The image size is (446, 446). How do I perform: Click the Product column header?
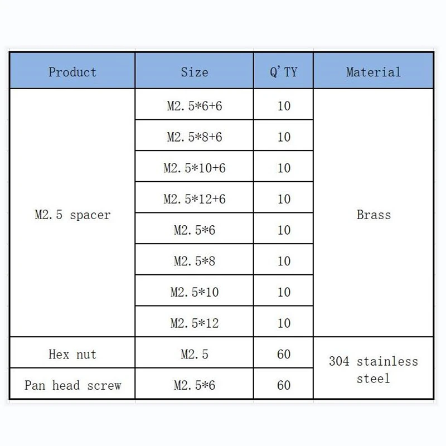(x=72, y=72)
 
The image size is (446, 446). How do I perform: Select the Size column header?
(x=194, y=72)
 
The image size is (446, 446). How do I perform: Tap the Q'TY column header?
(x=283, y=72)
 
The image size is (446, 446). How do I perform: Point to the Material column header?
(x=373, y=72)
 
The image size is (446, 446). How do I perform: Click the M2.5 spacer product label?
(x=72, y=215)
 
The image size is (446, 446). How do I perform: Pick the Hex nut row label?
(x=72, y=354)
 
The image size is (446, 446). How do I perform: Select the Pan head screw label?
(x=72, y=385)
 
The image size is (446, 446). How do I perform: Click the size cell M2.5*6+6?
(x=194, y=105)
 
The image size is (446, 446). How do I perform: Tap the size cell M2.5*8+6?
(x=194, y=137)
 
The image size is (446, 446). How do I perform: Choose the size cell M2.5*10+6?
(x=194, y=168)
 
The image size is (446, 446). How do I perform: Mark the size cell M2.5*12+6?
(x=194, y=199)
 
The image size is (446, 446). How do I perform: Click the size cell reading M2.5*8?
(x=194, y=261)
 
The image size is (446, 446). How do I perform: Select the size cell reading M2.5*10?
(x=194, y=292)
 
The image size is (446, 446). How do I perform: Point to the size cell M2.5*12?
(x=194, y=323)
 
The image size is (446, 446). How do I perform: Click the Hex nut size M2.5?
(x=194, y=354)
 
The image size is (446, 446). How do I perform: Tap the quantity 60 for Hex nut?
(x=284, y=354)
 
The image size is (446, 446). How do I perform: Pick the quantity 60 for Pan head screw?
(x=284, y=385)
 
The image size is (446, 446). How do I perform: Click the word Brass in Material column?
(x=374, y=215)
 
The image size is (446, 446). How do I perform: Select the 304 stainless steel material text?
(x=374, y=370)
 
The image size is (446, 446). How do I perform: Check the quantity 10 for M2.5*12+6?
(x=284, y=199)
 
